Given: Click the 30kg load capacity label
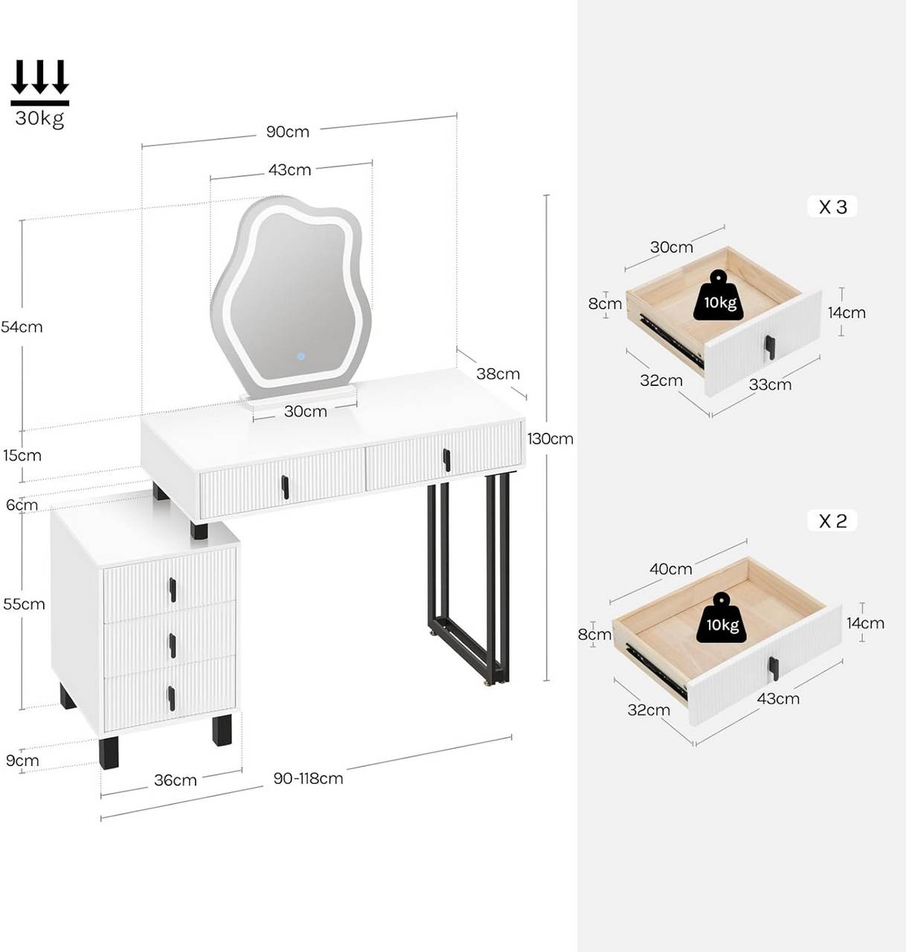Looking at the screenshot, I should (x=39, y=118).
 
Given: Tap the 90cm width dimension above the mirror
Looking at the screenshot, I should (x=288, y=132).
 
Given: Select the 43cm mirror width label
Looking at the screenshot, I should (x=289, y=170).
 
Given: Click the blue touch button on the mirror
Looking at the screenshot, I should (x=301, y=356).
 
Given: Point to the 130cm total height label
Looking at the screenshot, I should (x=550, y=439).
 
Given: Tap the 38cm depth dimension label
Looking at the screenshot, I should (x=498, y=373).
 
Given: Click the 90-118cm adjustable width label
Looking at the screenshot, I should (x=308, y=779).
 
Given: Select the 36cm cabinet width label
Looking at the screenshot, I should (x=176, y=780).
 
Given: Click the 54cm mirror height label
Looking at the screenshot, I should (x=22, y=327).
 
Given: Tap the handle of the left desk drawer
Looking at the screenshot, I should (x=285, y=487).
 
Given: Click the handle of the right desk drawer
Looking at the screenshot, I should (x=446, y=460).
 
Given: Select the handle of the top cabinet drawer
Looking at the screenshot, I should (x=173, y=590).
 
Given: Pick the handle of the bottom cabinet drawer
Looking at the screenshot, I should (x=171, y=698).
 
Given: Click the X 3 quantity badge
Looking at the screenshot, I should (x=832, y=207).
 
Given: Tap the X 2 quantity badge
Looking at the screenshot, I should (x=832, y=521).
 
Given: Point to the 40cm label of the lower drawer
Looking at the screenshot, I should (x=670, y=569).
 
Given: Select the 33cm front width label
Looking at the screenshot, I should (x=769, y=385).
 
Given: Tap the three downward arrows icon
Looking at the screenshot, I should (x=40, y=78).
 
